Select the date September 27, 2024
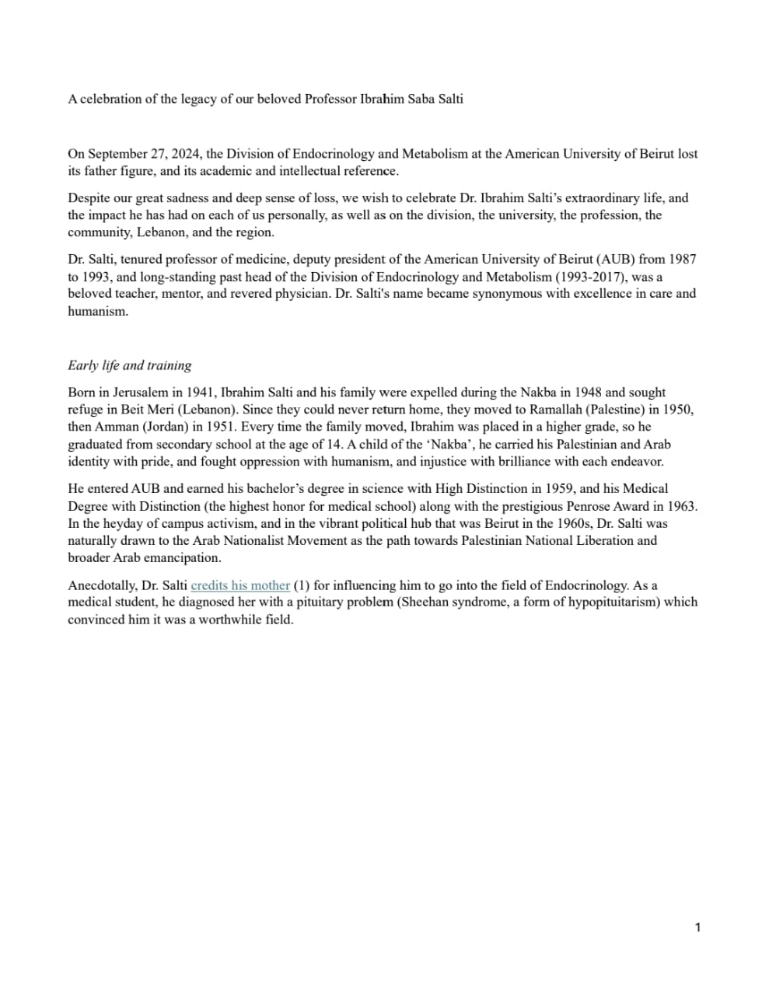pyautogui.click(x=145, y=154)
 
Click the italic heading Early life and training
pyautogui.click(x=129, y=365)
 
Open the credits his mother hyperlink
pyautogui.click(x=240, y=585)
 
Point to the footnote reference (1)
pyautogui.click(x=301, y=585)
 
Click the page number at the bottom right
pyautogui.click(x=697, y=927)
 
